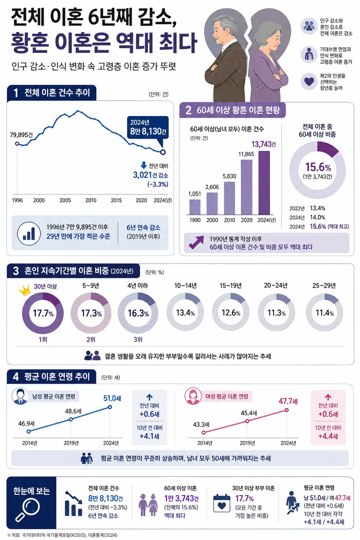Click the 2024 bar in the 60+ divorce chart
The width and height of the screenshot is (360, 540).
click(x=264, y=183)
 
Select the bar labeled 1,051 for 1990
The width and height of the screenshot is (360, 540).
click(x=195, y=207)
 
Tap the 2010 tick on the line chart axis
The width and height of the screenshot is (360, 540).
click(x=91, y=200)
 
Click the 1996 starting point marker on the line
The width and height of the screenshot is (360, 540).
click(x=17, y=144)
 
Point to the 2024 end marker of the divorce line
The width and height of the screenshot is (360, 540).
click(x=163, y=152)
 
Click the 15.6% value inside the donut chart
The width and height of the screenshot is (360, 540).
click(x=318, y=167)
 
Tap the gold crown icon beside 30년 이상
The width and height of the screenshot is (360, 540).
click(x=24, y=290)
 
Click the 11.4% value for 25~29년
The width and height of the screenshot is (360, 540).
click(x=324, y=313)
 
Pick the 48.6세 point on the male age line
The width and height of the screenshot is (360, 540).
click(x=71, y=419)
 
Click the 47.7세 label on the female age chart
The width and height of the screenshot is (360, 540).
click(x=288, y=401)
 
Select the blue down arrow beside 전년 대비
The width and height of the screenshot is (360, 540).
click(x=144, y=165)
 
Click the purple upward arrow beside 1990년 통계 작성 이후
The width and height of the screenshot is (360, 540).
click(x=196, y=242)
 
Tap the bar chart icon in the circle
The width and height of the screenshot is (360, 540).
click(x=29, y=233)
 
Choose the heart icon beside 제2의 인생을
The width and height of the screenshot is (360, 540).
click(x=309, y=82)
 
